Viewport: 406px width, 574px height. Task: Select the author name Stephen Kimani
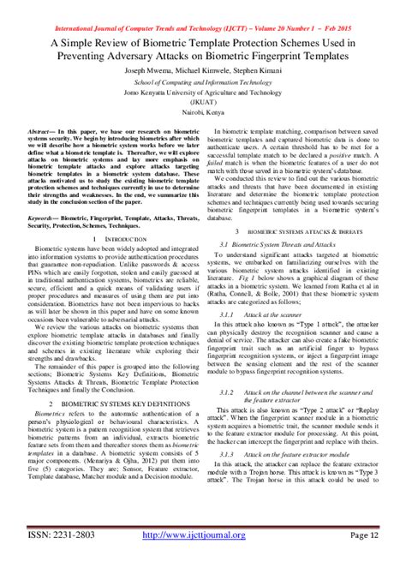click(x=257, y=65)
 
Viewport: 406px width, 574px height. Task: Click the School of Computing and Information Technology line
click(x=203, y=76)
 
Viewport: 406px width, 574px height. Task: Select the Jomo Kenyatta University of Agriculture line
click(x=203, y=87)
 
